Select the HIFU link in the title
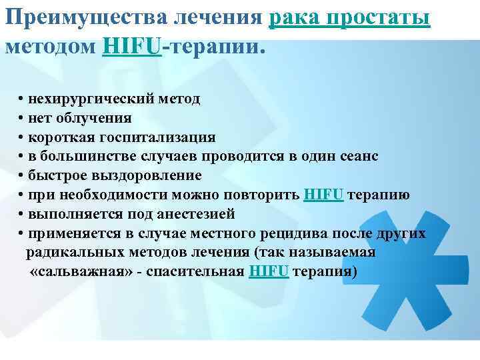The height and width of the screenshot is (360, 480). point(133,47)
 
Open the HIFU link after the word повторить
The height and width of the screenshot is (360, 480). point(323,195)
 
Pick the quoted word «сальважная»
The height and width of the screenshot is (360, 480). point(71,273)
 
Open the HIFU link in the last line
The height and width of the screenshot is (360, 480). point(269,273)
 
